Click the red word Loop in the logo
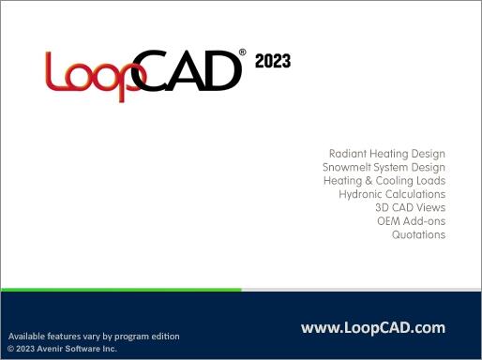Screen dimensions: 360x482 tap(89, 72)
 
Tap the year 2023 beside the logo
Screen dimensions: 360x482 tap(272, 62)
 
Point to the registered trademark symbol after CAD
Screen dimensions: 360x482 tap(243, 53)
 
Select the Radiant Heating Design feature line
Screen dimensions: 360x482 tap(386, 153)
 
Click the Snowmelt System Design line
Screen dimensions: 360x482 tap(384, 166)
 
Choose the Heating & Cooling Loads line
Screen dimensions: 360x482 tap(384, 180)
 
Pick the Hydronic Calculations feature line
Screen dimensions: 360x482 tap(392, 194)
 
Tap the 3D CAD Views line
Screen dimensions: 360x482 tap(410, 207)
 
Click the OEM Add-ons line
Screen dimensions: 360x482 tap(411, 221)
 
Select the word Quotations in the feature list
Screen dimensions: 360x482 tap(418, 234)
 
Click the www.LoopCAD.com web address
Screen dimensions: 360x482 tap(372, 327)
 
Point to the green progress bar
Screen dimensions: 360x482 tap(121, 290)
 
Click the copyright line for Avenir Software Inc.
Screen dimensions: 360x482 tap(62, 348)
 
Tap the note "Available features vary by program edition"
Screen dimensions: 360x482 tap(93, 336)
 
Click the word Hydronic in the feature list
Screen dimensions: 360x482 tap(360, 194)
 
